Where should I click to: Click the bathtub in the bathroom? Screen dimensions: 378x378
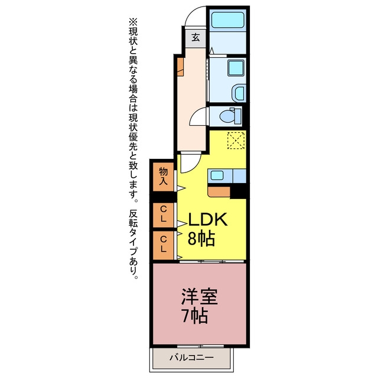pyautogui.click(x=228, y=19)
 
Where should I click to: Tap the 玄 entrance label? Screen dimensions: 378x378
pyautogui.click(x=195, y=38)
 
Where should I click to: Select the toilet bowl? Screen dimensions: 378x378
pyautogui.click(x=230, y=116)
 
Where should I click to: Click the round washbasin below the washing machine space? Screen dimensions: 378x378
pyautogui.click(x=239, y=93)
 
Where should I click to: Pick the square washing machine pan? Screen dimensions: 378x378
pyautogui.click(x=236, y=68)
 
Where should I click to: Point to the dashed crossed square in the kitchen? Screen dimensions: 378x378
pyautogui.click(x=236, y=141)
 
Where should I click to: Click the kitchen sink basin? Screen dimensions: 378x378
pyautogui.click(x=217, y=175)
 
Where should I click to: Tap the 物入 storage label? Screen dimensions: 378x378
pyautogui.click(x=163, y=177)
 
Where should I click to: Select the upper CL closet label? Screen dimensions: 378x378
pyautogui.click(x=163, y=213)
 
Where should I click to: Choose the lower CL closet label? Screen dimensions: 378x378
pyautogui.click(x=163, y=244)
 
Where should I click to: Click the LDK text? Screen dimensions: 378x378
pyautogui.click(x=208, y=219)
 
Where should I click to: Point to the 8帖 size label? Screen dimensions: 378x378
pyautogui.click(x=201, y=239)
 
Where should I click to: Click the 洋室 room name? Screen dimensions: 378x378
pyautogui.click(x=200, y=296)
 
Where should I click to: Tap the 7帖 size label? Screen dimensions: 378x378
pyautogui.click(x=195, y=316)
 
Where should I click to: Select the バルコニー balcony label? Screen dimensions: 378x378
pyautogui.click(x=191, y=357)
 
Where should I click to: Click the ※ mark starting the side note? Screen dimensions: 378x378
pyautogui.click(x=133, y=22)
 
